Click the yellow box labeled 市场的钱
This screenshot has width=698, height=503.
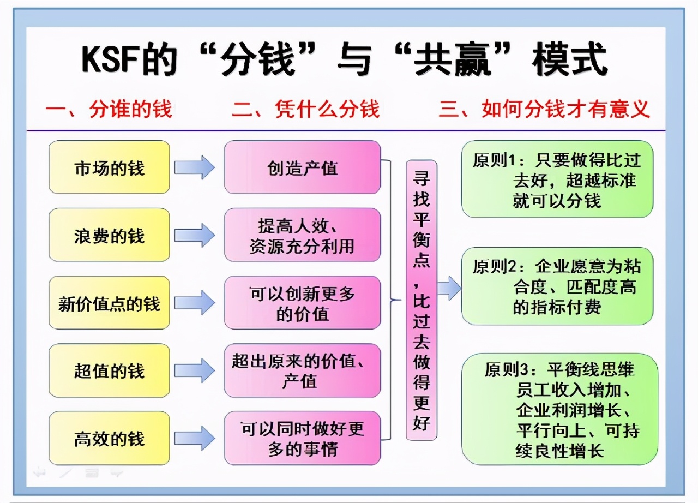tap(109, 167)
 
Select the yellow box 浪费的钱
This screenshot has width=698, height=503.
tap(109, 236)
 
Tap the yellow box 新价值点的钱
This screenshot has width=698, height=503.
tap(109, 303)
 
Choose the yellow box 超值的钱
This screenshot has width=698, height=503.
tap(109, 371)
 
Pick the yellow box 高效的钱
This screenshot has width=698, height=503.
tap(109, 439)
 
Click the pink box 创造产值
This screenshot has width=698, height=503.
tap(302, 167)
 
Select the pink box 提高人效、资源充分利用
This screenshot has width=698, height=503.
tap(302, 236)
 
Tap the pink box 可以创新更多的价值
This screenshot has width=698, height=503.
tap(302, 303)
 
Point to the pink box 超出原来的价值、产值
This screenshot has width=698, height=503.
tap(302, 371)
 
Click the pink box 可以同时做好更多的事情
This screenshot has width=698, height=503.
tap(302, 439)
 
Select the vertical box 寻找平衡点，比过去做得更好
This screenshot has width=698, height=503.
tap(421, 300)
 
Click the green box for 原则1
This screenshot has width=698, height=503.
tap(557, 179)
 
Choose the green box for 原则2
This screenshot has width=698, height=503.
tap(557, 286)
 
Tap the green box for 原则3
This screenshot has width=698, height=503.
tap(559, 409)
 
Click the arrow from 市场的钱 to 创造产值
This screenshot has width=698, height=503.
tap(195, 167)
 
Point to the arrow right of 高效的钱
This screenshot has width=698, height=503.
tap(195, 439)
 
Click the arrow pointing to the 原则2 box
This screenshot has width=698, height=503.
tap(449, 288)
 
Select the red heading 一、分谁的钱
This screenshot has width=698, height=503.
tap(109, 110)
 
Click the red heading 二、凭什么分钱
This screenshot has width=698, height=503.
tap(305, 110)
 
